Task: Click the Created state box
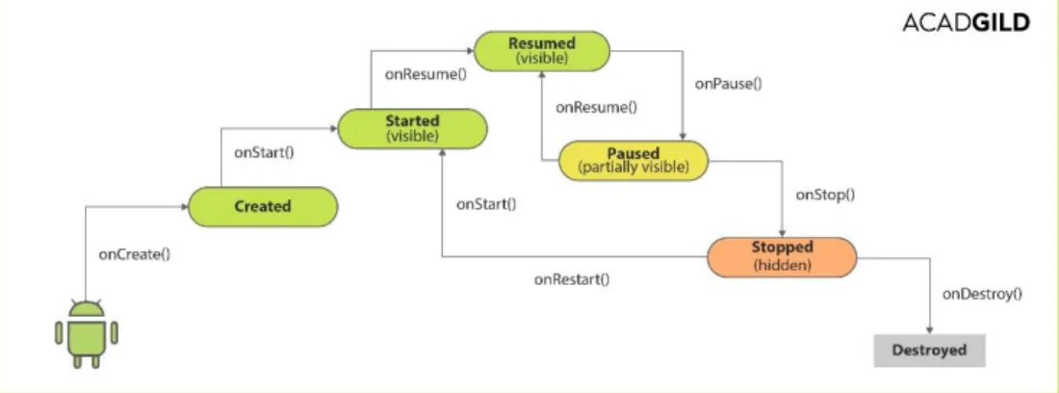(262, 207)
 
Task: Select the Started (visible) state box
(412, 128)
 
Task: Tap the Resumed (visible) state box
(542, 51)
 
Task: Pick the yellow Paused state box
(633, 160)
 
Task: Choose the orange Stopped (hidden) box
(782, 256)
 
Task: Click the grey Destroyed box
(929, 351)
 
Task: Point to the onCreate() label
(135, 254)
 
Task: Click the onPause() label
(728, 85)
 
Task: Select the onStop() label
(825, 196)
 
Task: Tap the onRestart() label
(571, 279)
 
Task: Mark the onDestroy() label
(982, 294)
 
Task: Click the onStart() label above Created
(264, 152)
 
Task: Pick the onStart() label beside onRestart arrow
(486, 204)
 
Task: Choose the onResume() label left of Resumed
(426, 74)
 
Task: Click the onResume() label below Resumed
(596, 107)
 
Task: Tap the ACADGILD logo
(967, 23)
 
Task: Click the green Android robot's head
(87, 308)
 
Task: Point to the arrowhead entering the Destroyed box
(930, 330)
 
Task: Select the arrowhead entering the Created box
(184, 207)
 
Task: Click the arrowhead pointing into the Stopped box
(782, 233)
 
